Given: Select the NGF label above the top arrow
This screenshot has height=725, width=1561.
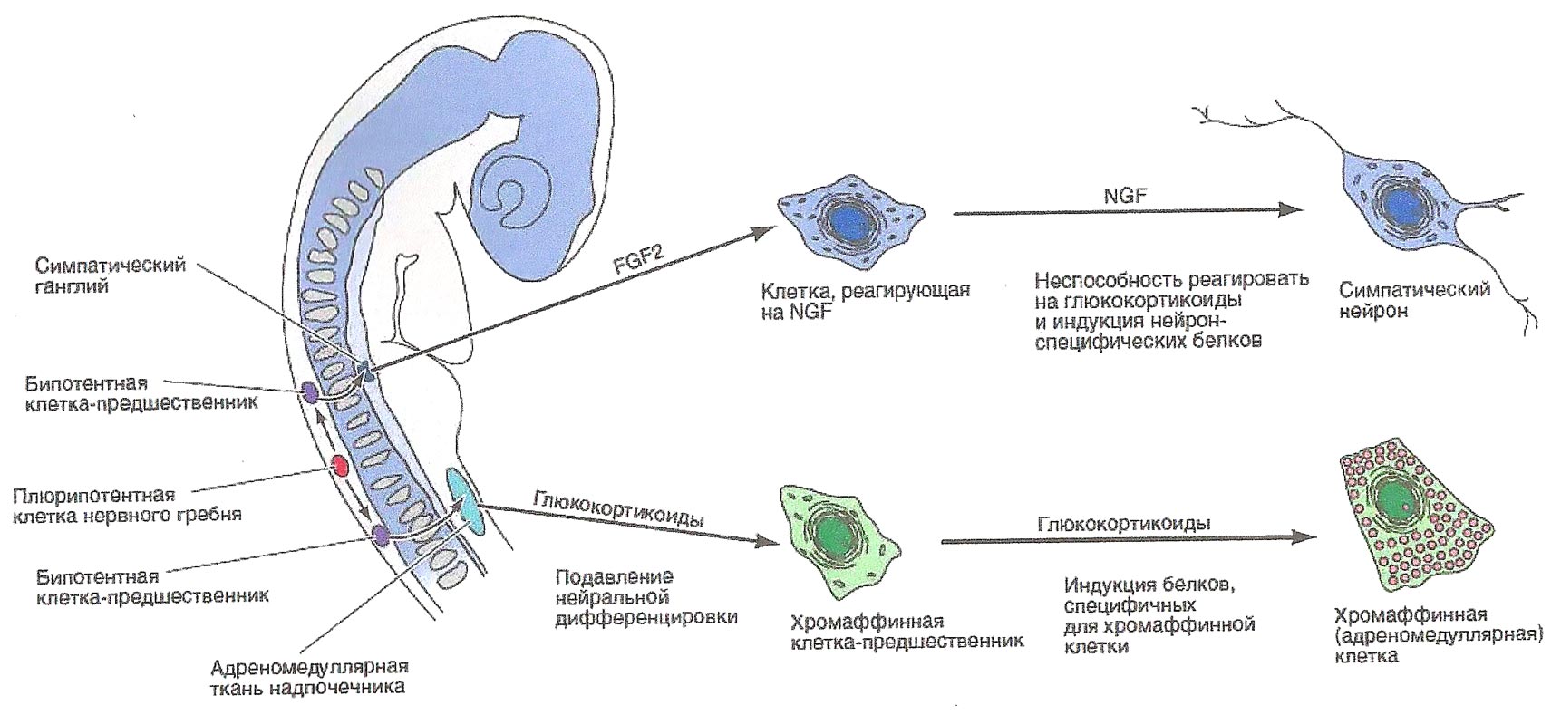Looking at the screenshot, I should pyautogui.click(x=1121, y=195).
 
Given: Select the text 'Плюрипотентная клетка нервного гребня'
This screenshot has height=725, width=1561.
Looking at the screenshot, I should pyautogui.click(x=127, y=505).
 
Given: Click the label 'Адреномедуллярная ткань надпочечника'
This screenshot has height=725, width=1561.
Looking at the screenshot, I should pyautogui.click(x=308, y=677).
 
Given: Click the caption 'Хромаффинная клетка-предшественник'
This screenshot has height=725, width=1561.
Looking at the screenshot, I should pyautogui.click(x=907, y=632).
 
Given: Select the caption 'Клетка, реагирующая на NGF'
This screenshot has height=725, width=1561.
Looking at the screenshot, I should pyautogui.click(x=866, y=302).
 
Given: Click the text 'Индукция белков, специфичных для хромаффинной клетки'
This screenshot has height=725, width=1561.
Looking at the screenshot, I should pyautogui.click(x=1159, y=614).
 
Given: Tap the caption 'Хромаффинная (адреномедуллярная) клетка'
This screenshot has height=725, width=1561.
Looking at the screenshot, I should pyautogui.click(x=1437, y=634).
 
